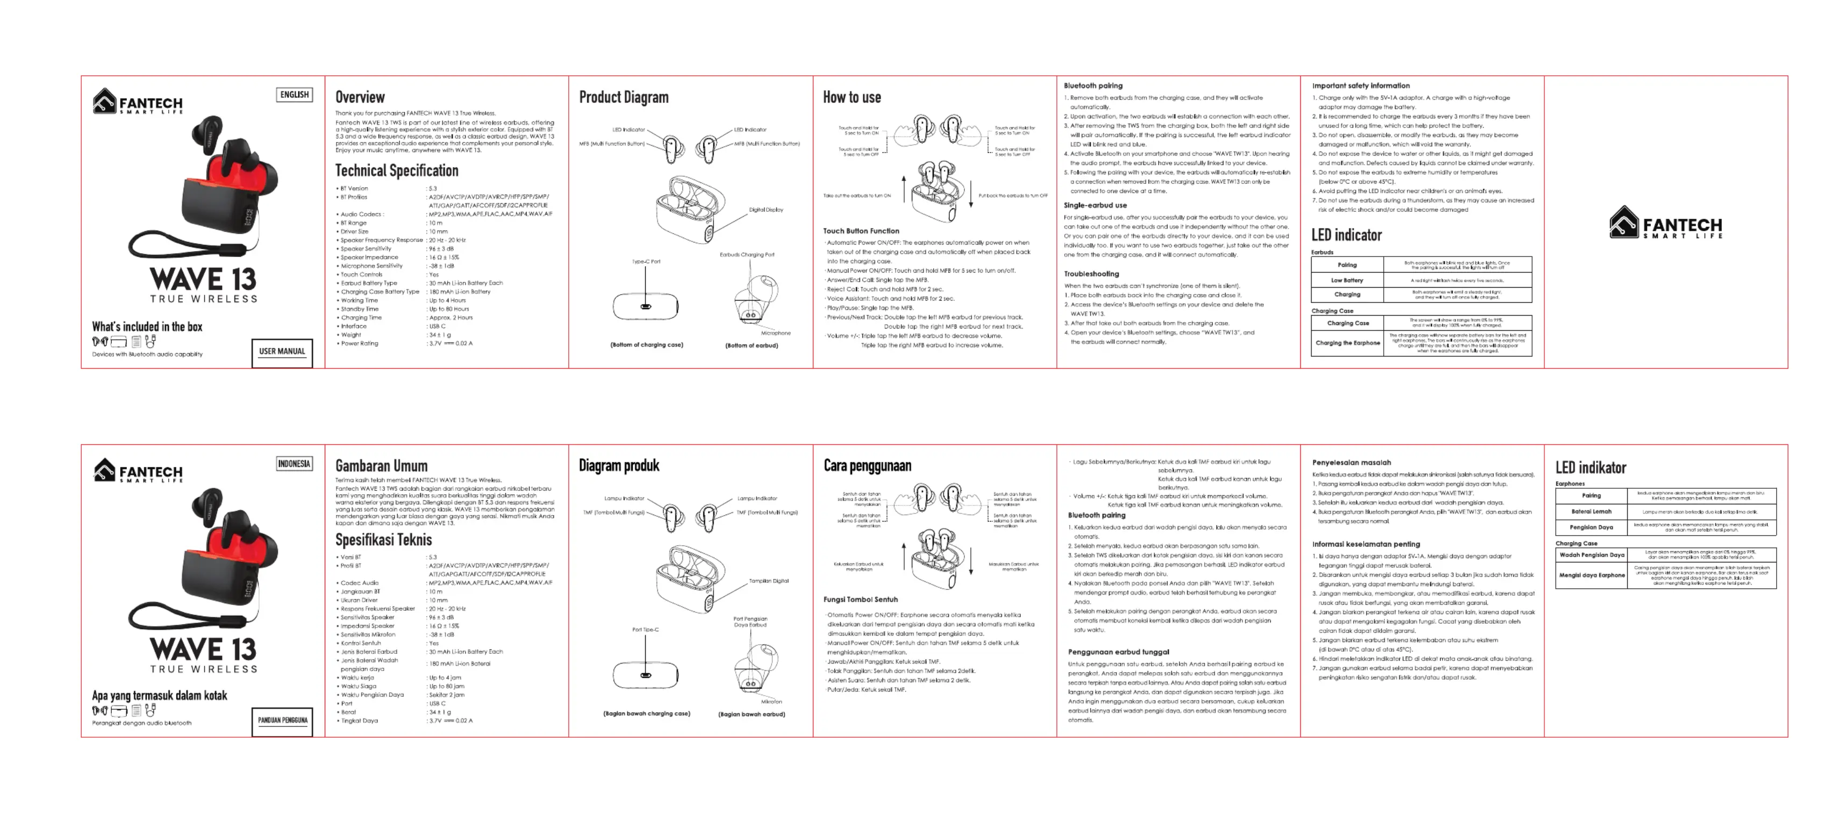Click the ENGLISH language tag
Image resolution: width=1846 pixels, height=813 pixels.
pos(295,95)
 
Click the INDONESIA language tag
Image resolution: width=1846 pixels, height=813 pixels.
pos(294,464)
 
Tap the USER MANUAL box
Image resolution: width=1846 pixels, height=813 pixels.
pos(282,351)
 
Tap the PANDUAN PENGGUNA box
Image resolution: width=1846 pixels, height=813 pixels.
pos(282,721)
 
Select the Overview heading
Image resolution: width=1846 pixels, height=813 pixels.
pos(360,97)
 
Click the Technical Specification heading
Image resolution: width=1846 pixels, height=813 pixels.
pos(396,170)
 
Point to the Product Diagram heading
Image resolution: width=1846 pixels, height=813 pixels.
pos(624,97)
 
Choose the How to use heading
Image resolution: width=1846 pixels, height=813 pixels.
pos(852,97)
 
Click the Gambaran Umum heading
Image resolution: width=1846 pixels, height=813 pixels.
pos(381,466)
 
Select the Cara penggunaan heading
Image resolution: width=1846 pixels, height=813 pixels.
pos(867,466)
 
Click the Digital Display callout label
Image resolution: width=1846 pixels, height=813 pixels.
pos(765,210)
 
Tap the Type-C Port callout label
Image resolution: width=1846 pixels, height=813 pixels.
pos(646,262)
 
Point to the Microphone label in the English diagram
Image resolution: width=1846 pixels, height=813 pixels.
pos(775,333)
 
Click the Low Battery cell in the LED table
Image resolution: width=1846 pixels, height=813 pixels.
pos(1347,280)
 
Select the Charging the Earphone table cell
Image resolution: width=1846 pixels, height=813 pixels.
pos(1347,343)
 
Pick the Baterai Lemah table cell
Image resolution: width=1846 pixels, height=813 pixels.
pos(1591,512)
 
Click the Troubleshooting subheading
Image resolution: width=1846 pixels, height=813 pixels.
pos(1091,274)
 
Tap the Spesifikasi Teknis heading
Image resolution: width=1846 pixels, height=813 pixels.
pos(383,540)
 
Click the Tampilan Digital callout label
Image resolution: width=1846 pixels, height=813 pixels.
pos(768,581)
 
